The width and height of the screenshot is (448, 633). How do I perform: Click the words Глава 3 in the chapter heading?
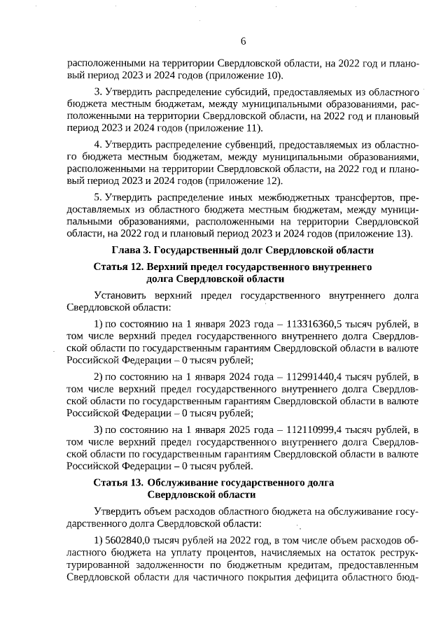pyautogui.click(x=130, y=250)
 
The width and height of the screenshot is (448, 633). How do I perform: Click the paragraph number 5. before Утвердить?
pyautogui.click(x=98, y=198)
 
